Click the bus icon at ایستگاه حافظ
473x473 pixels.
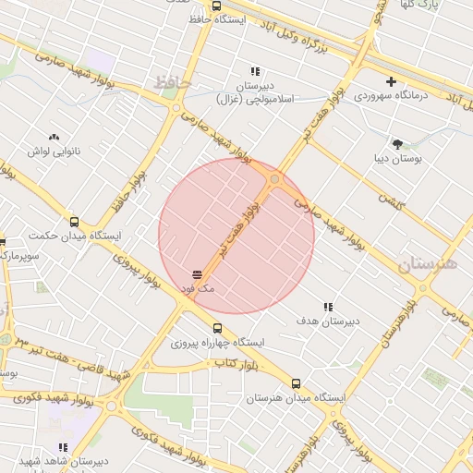click(216, 6)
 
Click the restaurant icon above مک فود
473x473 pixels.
click(198, 274)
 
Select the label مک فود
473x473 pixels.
click(198, 289)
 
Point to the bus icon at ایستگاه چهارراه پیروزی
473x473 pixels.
click(218, 328)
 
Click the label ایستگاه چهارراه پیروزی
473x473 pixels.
click(217, 343)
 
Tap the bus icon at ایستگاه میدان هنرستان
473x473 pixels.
click(296, 383)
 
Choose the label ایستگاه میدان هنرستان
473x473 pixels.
click(295, 398)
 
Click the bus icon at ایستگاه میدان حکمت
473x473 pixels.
click(75, 222)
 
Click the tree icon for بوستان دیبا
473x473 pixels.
click(397, 144)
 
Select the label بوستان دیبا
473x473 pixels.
click(398, 159)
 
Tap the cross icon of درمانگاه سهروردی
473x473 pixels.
click(392, 82)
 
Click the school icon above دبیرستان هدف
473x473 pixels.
click(328, 307)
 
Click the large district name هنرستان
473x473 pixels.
click(428, 265)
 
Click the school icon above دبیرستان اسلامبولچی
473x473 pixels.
click(255, 71)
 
